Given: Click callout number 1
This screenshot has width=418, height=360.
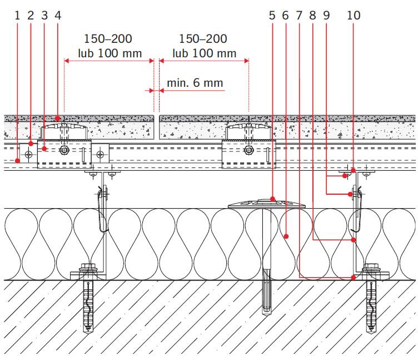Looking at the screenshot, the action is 17,16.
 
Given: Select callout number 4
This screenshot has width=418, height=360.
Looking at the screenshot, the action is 58,16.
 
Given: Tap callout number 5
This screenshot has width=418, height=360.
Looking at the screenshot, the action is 272,16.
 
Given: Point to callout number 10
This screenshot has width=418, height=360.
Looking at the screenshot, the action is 354,16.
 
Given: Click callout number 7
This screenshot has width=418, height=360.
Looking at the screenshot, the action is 299,16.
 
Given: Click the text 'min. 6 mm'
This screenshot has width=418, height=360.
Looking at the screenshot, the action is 195,83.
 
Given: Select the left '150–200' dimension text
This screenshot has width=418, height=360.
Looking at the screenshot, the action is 108,39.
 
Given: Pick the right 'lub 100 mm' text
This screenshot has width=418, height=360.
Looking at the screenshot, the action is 204,53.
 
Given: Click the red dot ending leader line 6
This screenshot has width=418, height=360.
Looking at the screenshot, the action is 286,236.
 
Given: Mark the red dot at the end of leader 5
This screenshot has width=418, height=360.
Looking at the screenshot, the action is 272,199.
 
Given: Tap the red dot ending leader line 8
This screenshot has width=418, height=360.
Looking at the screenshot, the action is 354,240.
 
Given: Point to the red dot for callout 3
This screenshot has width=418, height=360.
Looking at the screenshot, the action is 44,149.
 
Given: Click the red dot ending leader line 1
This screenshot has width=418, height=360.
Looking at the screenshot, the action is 18,161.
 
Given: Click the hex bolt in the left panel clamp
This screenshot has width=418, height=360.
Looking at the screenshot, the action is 64,150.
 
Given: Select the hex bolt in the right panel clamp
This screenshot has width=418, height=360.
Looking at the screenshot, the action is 248,150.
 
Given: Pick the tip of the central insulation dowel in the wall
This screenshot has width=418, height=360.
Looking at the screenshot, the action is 267,315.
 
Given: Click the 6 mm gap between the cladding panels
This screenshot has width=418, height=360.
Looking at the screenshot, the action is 157,127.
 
